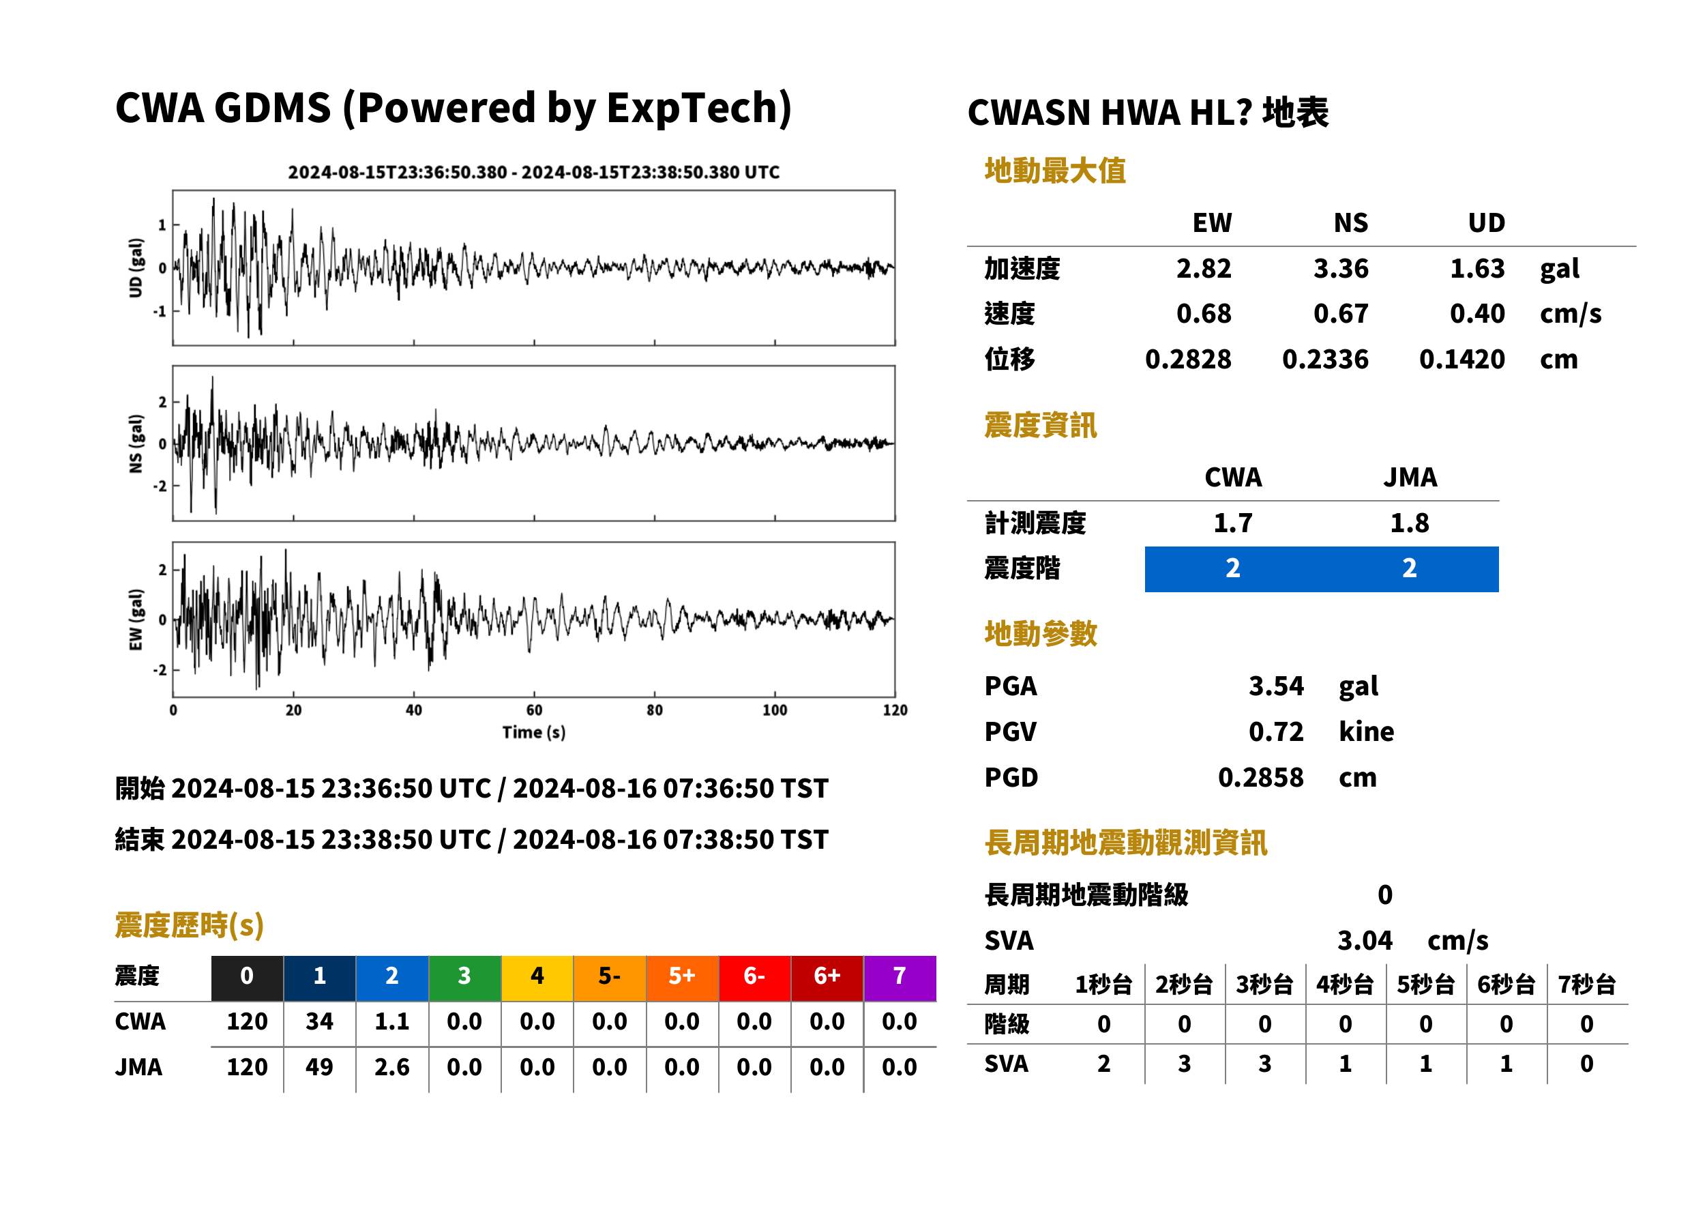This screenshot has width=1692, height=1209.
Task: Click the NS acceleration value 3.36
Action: point(1340,268)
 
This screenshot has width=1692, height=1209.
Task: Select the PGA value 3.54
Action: point(1276,686)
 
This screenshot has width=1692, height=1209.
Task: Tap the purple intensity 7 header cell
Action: point(900,976)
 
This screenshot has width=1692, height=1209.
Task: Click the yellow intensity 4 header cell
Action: point(537,976)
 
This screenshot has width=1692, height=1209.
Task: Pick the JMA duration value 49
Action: point(319,1067)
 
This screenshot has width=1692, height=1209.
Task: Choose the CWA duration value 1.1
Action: point(392,1021)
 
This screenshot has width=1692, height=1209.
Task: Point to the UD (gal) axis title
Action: point(136,268)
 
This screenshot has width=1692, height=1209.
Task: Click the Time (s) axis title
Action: point(533,732)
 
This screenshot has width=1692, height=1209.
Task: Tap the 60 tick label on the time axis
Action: point(533,710)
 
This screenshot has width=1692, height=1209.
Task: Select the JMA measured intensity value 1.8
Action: point(1409,523)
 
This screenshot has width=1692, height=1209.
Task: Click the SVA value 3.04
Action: point(1365,940)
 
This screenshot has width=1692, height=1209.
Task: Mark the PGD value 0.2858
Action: point(1260,777)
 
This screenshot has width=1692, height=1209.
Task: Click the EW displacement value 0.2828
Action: point(1188,359)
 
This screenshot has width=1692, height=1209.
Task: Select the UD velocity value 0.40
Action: point(1477,313)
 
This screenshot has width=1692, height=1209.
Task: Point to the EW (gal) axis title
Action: point(136,620)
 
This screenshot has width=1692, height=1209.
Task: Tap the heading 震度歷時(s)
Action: point(190,925)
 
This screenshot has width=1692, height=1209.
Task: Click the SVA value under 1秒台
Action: point(1104,1064)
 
